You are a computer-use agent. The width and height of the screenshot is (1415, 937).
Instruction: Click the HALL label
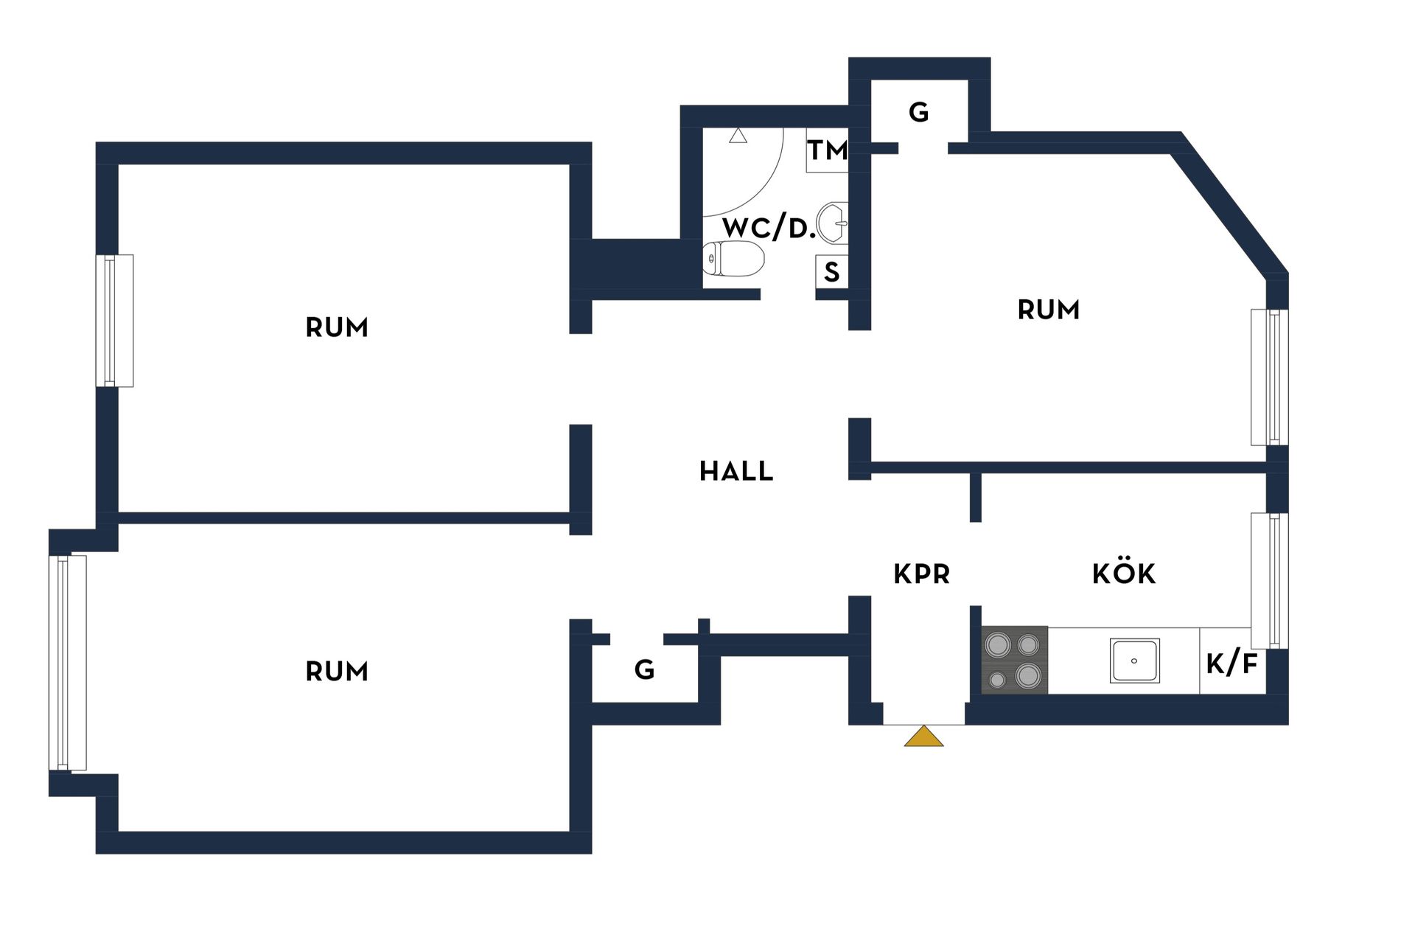tap(736, 471)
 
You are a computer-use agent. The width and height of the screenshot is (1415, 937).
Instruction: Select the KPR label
tap(921, 574)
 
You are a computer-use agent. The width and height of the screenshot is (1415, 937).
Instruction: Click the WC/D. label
tap(769, 228)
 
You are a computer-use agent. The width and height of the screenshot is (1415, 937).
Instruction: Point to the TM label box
tap(827, 150)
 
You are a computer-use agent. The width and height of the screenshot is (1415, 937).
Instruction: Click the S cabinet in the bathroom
tap(832, 272)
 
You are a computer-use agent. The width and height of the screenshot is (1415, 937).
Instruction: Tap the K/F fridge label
tap(1231, 663)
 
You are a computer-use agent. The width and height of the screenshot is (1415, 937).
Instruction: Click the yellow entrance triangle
tap(923, 736)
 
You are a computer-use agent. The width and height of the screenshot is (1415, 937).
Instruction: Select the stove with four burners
tap(1014, 660)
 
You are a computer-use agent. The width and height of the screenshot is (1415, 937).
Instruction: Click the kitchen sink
tap(1134, 661)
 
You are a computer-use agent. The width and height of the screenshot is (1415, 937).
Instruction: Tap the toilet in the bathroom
tap(733, 259)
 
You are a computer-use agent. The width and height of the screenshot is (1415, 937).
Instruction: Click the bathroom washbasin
tap(833, 223)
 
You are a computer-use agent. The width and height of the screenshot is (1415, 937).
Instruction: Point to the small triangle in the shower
tap(738, 136)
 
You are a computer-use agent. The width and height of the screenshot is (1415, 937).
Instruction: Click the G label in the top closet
tap(918, 112)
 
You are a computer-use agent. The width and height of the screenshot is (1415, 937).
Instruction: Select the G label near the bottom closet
tap(644, 669)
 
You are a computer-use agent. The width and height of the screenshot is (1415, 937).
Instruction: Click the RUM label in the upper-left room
tap(337, 327)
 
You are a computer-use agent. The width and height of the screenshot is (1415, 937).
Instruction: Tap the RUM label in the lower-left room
tap(337, 672)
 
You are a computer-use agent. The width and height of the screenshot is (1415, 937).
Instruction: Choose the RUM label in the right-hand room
tap(1048, 310)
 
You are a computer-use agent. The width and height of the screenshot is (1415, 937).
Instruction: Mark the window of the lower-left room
tap(68, 663)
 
